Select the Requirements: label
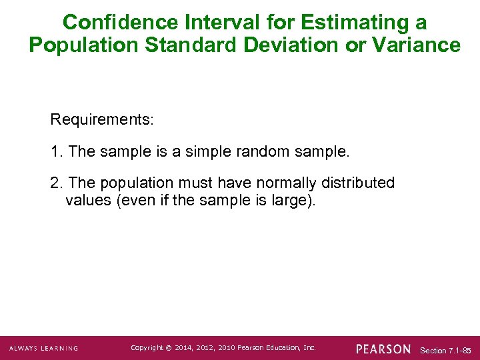[x=102, y=120]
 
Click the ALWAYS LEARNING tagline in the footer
[x=43, y=348]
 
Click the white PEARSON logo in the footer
[x=383, y=348]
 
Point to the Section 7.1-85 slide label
[x=445, y=350]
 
